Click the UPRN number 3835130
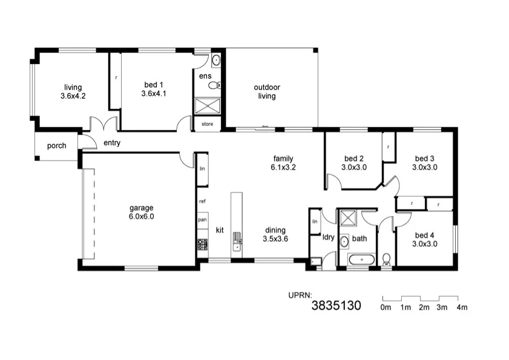click(x=336, y=306)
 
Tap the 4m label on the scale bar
click(x=462, y=307)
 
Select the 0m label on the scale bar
click(x=386, y=307)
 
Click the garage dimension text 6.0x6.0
click(x=142, y=216)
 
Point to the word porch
click(x=56, y=146)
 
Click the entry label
click(x=112, y=143)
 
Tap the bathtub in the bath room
click(x=360, y=260)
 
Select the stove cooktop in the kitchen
click(x=202, y=245)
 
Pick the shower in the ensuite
click(x=208, y=106)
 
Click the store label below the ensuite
click(x=208, y=125)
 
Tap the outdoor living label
click(x=267, y=91)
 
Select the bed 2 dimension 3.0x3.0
click(x=354, y=168)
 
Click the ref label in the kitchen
click(x=203, y=200)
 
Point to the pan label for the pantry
click(x=203, y=220)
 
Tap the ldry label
click(x=329, y=237)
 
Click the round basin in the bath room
click(x=344, y=241)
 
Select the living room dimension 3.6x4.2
click(x=73, y=96)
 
